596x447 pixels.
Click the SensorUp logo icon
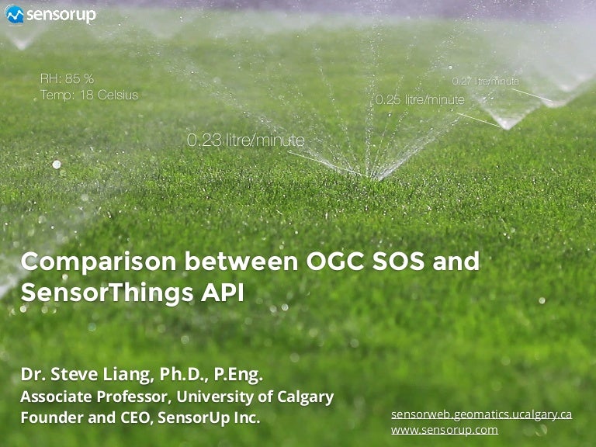click(15, 15)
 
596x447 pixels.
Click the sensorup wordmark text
click(61, 16)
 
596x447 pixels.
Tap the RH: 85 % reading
click(67, 78)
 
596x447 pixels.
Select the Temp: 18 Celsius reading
click(89, 95)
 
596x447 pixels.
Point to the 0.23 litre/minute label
click(246, 140)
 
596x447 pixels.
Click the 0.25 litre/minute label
click(420, 99)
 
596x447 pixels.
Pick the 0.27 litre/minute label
click(485, 81)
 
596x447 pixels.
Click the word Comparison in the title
click(99, 262)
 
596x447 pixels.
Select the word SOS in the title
click(398, 261)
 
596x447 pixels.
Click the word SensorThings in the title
click(107, 293)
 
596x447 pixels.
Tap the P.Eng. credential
click(238, 374)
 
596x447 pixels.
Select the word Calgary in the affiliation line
click(306, 397)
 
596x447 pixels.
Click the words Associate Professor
click(94, 397)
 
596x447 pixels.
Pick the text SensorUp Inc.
click(209, 418)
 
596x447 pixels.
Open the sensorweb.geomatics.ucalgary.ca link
click(482, 414)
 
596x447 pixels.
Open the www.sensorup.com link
click(445, 430)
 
